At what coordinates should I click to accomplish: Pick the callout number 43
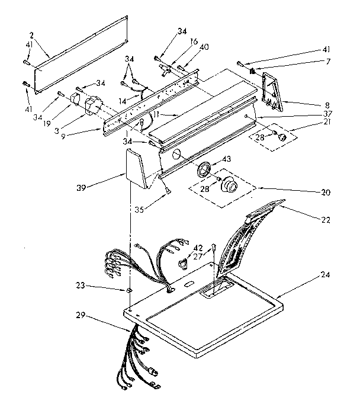(x=227, y=159)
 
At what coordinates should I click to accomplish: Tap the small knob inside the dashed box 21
(x=283, y=137)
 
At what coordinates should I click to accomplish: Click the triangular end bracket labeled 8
(x=273, y=91)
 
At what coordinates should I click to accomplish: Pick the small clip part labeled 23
(x=127, y=290)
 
